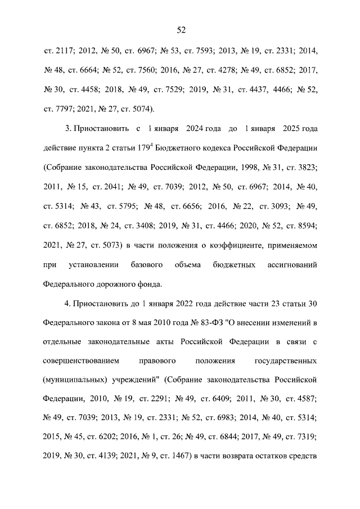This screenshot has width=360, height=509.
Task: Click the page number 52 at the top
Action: (180, 29)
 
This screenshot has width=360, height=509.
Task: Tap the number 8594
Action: (305, 226)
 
